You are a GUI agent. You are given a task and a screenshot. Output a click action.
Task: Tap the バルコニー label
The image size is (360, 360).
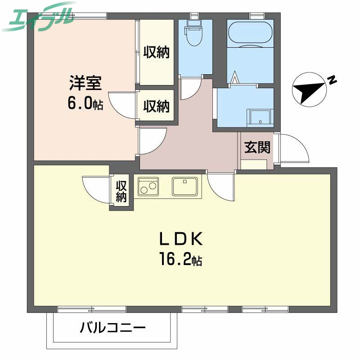tap(113, 327)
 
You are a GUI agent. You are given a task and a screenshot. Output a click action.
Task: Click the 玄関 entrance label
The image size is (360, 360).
tap(257, 147)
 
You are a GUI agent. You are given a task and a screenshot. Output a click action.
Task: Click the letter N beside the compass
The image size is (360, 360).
tap(332, 81)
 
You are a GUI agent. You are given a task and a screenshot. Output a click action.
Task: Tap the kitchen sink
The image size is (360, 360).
tap(184, 186)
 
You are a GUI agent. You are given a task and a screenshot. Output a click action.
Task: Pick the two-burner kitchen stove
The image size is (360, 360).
tap(148, 186)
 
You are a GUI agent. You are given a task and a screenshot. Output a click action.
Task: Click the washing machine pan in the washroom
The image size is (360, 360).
tap(260, 117)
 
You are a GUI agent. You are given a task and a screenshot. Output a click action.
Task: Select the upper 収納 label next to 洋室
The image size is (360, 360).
tap(156, 53)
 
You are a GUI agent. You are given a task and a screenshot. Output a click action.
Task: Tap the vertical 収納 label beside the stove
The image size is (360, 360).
tap(121, 191)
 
